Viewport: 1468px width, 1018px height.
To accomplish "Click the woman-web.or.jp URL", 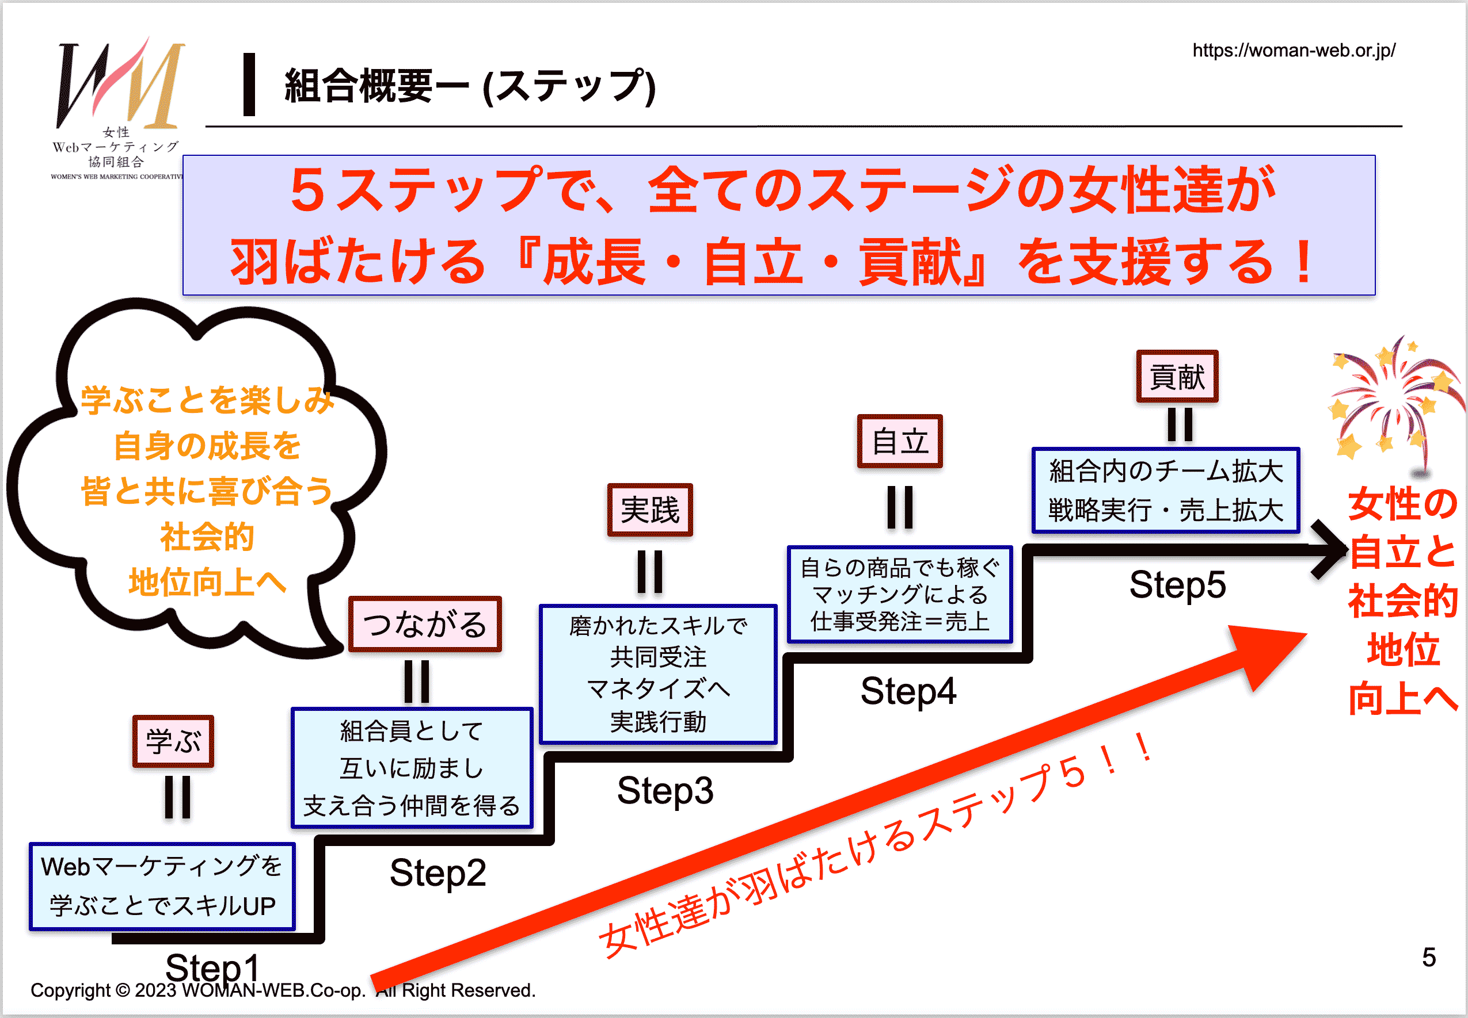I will point(1294,51).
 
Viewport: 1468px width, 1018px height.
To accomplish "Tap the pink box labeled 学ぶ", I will point(173,741).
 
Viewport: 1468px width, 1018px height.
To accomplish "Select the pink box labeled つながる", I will point(425,624).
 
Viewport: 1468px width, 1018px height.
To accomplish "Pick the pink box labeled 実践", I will point(650,510).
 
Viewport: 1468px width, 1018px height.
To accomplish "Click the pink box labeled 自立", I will point(899,441).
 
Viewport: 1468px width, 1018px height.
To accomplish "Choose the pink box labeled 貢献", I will point(1177,376).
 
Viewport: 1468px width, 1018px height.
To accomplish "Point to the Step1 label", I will point(212,967).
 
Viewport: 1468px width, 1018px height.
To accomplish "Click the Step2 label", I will point(438,872).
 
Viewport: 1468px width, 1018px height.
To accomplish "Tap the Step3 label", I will point(665,790).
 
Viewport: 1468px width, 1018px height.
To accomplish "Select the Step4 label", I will point(908,691).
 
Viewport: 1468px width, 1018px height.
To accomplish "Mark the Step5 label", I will point(1178,584).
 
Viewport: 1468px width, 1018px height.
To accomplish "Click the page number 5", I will point(1428,958).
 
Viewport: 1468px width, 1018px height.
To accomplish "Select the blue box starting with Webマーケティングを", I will point(162,886).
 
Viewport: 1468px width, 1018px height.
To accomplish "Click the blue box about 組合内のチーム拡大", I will point(1165,491).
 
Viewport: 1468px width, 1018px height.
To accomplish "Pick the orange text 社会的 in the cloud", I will point(207,537).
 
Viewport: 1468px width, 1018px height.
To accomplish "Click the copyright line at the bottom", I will point(283,990).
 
